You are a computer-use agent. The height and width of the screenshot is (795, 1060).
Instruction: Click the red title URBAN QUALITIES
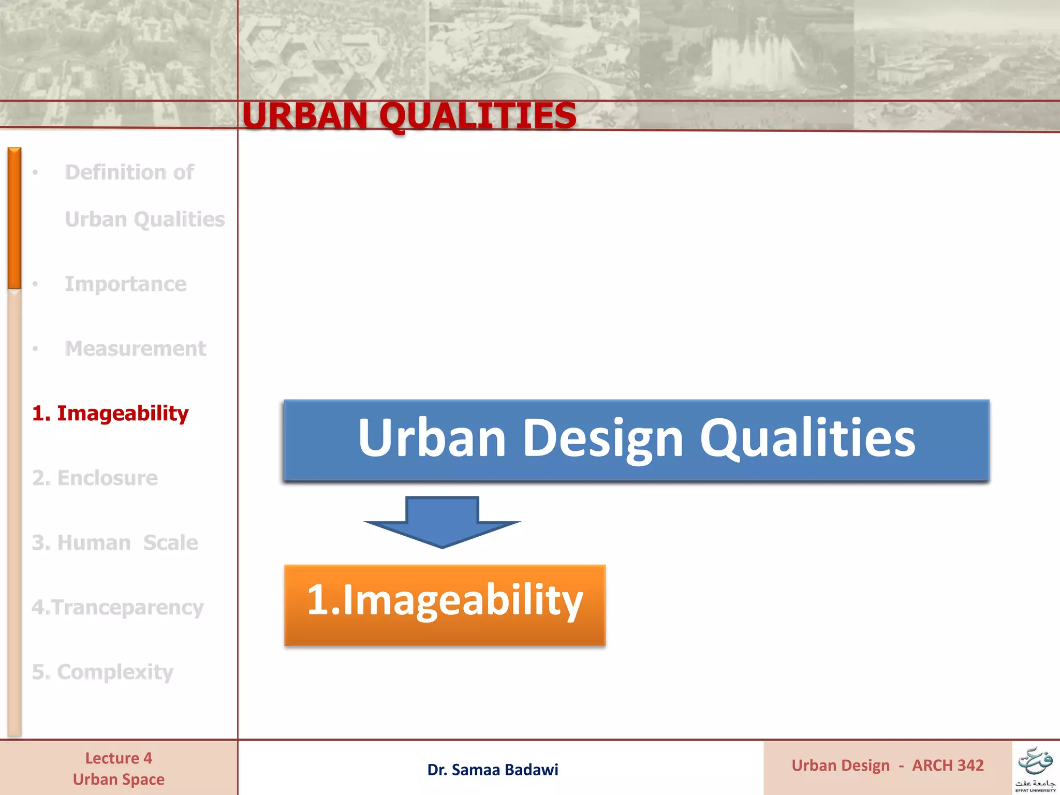click(409, 115)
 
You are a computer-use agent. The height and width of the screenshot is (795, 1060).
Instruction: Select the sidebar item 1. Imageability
click(110, 413)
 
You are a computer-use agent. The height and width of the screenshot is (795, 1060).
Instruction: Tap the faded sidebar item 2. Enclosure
click(95, 478)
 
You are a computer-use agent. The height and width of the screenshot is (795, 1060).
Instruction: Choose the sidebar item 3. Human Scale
click(115, 542)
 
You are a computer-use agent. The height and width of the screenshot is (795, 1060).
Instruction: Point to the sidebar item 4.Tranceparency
click(117, 607)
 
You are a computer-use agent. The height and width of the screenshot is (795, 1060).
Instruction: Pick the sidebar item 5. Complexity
click(102, 672)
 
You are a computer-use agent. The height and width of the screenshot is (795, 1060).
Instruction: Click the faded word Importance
click(125, 284)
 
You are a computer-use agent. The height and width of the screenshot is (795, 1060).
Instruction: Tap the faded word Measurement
click(135, 349)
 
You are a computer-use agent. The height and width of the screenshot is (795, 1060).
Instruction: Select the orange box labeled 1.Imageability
click(445, 605)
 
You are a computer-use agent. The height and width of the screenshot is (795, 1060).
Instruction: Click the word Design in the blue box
click(603, 438)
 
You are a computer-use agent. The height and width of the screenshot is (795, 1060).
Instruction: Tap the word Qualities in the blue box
click(807, 438)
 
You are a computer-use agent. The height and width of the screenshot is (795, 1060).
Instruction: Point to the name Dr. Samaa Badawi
click(492, 770)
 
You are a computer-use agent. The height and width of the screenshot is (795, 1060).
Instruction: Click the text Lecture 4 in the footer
click(119, 758)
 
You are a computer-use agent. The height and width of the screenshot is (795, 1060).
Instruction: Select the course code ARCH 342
click(948, 765)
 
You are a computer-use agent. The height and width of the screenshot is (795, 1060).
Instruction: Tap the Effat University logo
click(1035, 769)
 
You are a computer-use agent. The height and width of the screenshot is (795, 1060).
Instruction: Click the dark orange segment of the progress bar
click(14, 217)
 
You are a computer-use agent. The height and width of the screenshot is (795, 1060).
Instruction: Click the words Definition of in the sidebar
click(129, 172)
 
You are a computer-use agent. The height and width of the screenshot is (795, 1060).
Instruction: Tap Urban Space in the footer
click(119, 779)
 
